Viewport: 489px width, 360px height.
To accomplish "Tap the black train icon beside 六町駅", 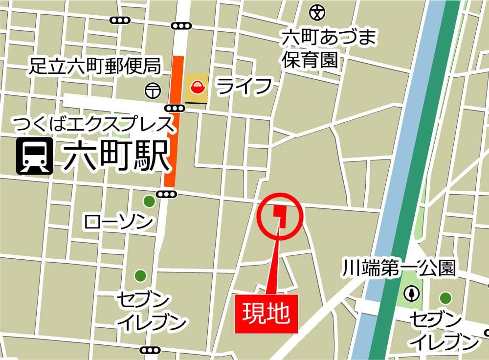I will [x=35, y=157].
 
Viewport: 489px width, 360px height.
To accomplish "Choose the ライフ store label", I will [x=244, y=87].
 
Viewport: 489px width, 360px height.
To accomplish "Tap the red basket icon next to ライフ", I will [x=197, y=88].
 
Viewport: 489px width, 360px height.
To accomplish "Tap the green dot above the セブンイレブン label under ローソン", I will [x=140, y=275].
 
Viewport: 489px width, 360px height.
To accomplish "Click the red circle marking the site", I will [x=280, y=216].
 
